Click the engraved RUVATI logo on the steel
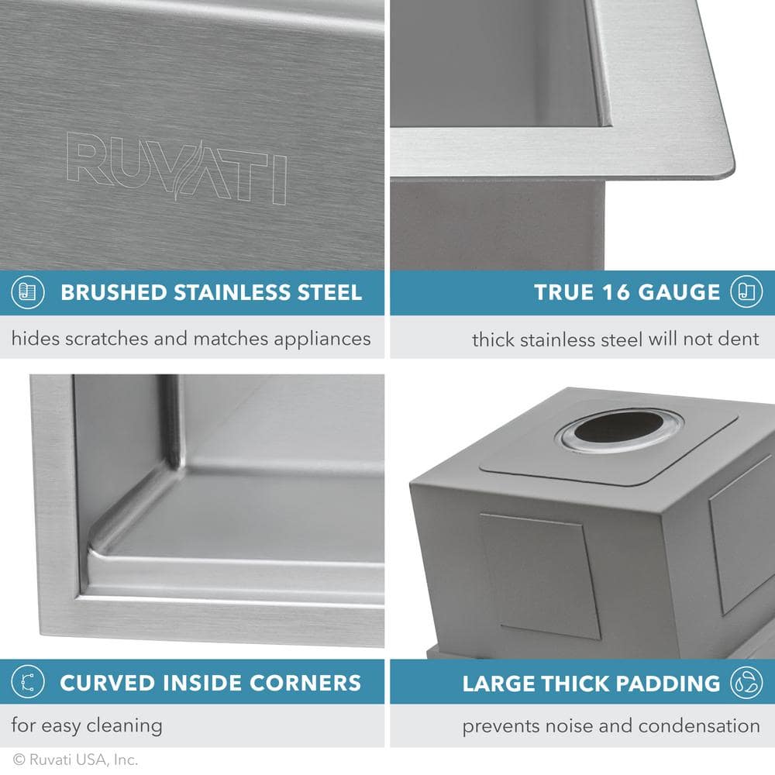click(177, 167)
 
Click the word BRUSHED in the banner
click(113, 292)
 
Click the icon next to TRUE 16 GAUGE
click(747, 292)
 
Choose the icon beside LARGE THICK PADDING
click(747, 683)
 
